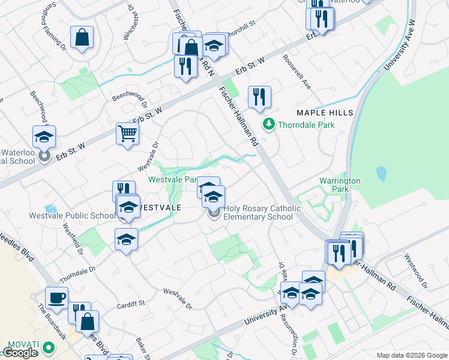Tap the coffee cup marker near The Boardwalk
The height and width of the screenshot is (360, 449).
[x=57, y=298]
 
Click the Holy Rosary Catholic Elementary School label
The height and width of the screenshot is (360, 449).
[x=258, y=212]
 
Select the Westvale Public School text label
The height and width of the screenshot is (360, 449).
[x=72, y=215]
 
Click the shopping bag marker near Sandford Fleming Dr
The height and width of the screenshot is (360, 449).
[x=82, y=38]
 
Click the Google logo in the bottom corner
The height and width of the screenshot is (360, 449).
[x=19, y=353]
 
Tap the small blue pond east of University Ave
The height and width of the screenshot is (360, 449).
[x=381, y=174]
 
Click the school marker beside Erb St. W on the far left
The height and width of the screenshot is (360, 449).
[x=44, y=137]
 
